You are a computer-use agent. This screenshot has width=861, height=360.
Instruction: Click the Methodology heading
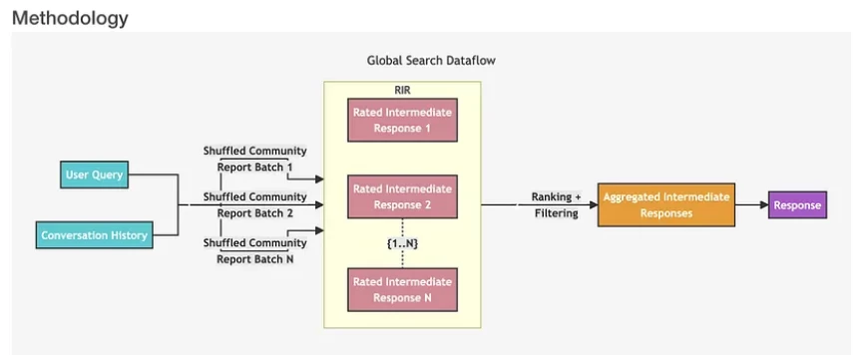click(70, 17)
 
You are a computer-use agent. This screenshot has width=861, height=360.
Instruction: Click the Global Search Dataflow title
click(431, 60)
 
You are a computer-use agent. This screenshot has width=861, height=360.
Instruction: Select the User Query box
click(94, 176)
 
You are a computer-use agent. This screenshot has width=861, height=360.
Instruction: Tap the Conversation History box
click(94, 236)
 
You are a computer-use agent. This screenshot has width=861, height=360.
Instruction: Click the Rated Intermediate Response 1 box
click(402, 120)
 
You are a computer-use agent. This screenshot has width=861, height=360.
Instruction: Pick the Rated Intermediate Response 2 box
click(402, 196)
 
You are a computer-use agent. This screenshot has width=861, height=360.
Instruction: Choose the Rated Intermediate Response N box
click(402, 289)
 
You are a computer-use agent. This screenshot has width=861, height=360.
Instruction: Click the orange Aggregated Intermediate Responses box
click(665, 204)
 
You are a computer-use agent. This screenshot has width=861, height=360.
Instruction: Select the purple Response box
click(797, 205)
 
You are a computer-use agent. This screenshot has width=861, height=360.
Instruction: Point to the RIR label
click(402, 90)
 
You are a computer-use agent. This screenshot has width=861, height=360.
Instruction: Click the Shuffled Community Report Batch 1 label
click(254, 159)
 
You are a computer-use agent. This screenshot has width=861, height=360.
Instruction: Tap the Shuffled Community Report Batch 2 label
click(254, 204)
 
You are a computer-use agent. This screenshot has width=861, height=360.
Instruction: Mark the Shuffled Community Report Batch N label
click(254, 251)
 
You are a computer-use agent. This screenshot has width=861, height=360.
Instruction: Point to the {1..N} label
click(401, 243)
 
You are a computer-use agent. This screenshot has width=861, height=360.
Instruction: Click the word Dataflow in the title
click(470, 60)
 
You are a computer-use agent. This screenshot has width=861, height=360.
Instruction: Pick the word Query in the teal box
click(108, 176)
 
